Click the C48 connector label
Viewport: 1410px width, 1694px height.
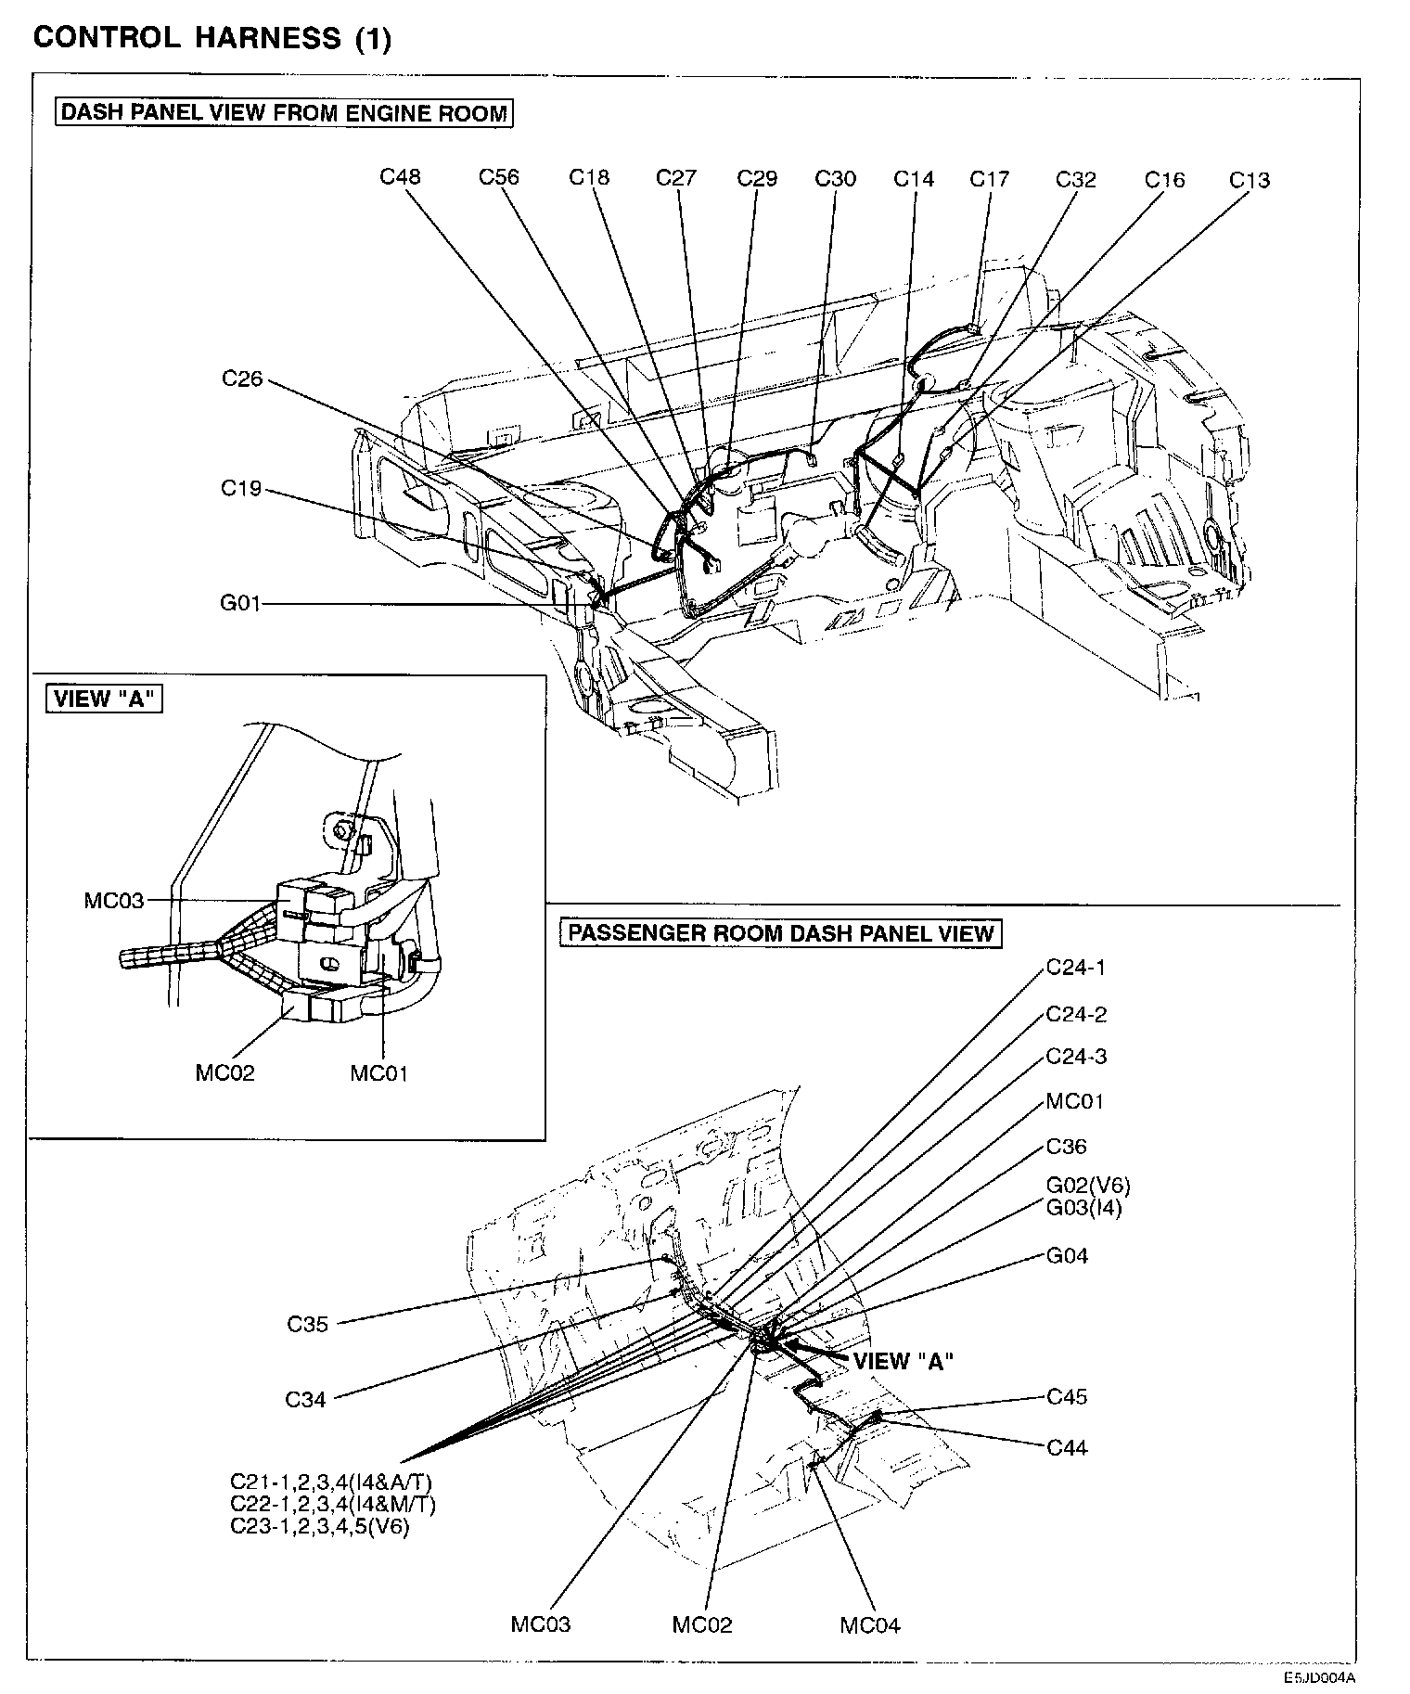coord(400,176)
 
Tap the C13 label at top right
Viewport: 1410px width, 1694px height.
coord(1249,180)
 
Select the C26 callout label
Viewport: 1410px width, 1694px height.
coord(242,379)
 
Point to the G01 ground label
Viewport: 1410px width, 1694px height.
coord(240,604)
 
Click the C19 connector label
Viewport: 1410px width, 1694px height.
coord(241,489)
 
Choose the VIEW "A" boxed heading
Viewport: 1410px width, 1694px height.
coord(104,699)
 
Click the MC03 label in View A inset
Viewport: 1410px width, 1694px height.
coord(113,901)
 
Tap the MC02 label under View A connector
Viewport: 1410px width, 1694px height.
coord(224,1072)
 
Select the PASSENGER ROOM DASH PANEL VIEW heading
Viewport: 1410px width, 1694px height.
coord(780,932)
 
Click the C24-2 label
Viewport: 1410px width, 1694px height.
coord(1076,1014)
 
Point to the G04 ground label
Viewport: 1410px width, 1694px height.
coord(1067,1256)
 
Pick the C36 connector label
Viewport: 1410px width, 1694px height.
coord(1066,1147)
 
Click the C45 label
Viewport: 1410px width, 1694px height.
coord(1067,1396)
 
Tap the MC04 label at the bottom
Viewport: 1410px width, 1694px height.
coord(869,1624)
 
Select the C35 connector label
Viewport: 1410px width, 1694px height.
coord(307,1324)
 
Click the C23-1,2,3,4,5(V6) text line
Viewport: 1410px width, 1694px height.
coord(319,1526)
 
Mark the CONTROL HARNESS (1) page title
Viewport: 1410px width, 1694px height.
coord(212,38)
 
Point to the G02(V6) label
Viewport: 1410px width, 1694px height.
coord(1088,1185)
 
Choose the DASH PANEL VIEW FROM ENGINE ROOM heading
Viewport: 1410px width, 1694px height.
coord(284,113)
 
